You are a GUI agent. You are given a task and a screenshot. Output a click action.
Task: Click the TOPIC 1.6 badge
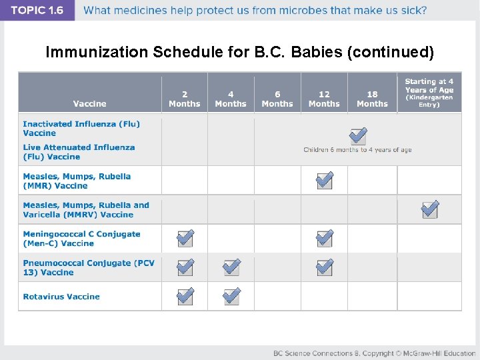point(37,10)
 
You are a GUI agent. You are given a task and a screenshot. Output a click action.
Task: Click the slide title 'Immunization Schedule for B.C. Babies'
point(239,52)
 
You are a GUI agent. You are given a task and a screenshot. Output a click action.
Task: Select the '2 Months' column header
point(185,99)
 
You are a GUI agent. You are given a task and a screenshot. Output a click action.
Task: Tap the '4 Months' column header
point(231,99)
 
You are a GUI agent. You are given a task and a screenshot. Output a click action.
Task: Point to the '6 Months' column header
point(277,99)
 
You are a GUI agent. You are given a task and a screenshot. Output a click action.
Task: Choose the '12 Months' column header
point(324,99)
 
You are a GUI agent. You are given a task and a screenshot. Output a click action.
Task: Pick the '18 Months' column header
point(372,99)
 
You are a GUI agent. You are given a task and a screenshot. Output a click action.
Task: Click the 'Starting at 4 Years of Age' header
point(429,93)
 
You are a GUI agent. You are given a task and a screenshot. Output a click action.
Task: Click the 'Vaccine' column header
point(90,103)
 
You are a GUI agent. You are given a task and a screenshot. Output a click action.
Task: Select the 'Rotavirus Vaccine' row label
point(61,297)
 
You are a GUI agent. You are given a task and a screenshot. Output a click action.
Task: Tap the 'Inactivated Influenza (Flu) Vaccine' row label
point(81,128)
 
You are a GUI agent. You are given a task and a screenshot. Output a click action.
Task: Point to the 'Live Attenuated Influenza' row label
point(79,152)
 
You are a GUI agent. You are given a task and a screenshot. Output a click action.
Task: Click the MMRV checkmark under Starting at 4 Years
point(430,209)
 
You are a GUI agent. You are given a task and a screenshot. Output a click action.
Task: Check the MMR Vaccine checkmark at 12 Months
point(325,180)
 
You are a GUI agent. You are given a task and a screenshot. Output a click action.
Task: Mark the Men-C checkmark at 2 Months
point(185,238)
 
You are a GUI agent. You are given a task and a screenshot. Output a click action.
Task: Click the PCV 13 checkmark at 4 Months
point(231,267)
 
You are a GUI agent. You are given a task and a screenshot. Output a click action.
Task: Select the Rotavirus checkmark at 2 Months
point(185,295)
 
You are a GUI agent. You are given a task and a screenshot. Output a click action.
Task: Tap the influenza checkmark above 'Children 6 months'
point(358,136)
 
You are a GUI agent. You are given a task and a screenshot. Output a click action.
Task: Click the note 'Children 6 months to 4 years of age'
point(357,150)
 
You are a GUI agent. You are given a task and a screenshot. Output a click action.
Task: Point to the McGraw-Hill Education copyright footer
point(374,353)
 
